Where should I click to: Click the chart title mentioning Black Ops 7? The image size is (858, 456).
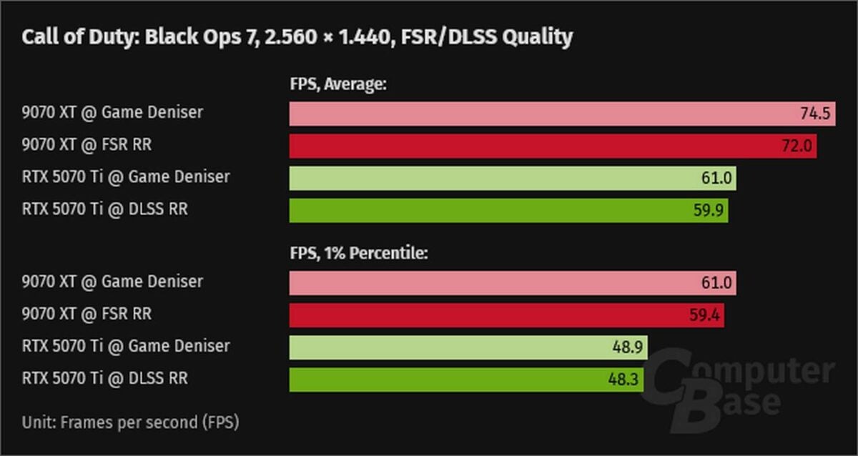tap(297, 37)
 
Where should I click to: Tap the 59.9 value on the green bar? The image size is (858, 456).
tap(709, 210)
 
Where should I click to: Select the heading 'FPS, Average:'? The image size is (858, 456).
tap(337, 85)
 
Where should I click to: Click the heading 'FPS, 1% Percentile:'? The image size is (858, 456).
tap(358, 254)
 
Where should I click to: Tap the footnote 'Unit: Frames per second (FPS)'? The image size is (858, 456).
tap(130, 422)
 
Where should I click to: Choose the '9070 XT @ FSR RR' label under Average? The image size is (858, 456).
tap(87, 145)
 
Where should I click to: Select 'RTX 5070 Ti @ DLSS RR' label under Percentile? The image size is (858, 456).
tap(105, 378)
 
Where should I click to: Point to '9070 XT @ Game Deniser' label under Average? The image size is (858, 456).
tap(112, 112)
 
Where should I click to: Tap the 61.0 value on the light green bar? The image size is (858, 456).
tap(716, 178)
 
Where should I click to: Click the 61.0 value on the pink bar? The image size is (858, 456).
tap(716, 283)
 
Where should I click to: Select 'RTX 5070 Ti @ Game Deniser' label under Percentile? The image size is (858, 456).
tap(126, 346)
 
